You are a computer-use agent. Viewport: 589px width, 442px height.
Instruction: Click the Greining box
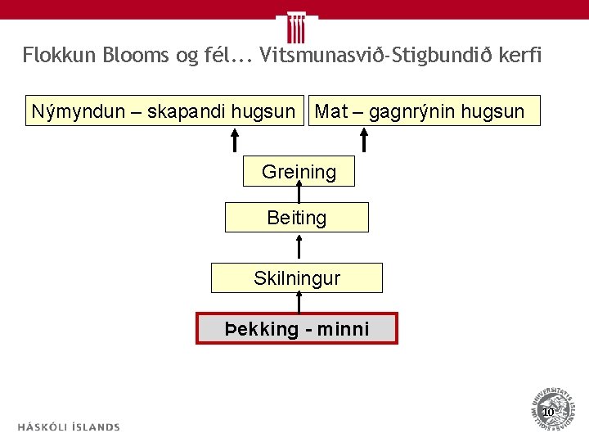point(299,172)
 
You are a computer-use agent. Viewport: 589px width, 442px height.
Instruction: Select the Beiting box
point(297,218)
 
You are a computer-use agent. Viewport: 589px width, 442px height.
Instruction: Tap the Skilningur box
point(297,278)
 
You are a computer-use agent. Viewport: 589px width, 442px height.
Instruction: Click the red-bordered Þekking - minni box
point(297,328)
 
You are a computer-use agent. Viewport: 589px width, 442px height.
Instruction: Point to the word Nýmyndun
point(70,111)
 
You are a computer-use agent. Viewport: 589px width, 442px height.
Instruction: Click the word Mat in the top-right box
point(331,111)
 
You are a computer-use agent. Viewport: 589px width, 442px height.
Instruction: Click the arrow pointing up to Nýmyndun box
point(234,140)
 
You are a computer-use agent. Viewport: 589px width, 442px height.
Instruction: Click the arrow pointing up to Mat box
point(365,140)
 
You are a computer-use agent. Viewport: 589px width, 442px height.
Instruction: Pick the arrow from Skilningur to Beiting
point(299,246)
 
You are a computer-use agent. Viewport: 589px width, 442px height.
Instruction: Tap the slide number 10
point(547,412)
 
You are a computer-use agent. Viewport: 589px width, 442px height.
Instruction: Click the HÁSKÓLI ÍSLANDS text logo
point(69,426)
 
